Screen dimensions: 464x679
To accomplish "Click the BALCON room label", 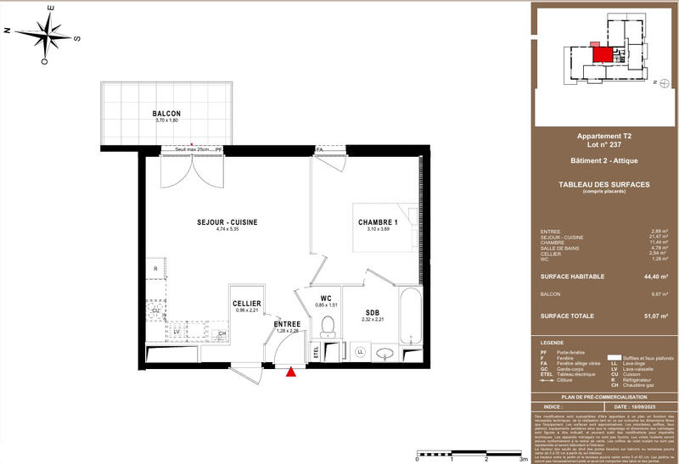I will point(166,114).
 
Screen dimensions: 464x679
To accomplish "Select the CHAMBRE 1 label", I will point(378,222).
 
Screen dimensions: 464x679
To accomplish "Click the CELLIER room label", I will point(246,304).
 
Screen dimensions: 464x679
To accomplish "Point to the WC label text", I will point(325,299).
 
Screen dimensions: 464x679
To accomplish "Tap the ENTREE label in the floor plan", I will point(287,324).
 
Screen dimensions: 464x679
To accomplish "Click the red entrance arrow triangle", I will point(293,371).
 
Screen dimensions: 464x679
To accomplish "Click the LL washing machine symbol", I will point(360,350).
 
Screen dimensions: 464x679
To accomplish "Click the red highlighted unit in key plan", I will point(601,54).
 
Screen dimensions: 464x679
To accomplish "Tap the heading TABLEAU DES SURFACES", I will point(603,186).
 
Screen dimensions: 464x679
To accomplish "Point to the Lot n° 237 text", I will point(603,144).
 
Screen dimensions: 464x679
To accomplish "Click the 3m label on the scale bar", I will point(523,458).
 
